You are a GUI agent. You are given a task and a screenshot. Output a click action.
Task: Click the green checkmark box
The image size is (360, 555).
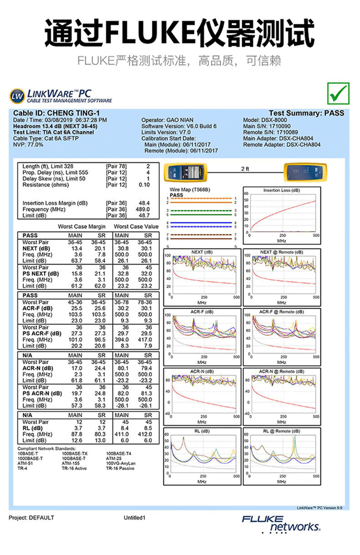point(338,93)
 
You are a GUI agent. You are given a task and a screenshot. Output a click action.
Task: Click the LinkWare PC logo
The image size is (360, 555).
point(61,96)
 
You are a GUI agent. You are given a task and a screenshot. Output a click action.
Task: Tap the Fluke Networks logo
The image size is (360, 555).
point(282,524)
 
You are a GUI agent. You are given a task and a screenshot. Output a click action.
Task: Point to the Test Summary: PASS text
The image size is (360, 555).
point(306,113)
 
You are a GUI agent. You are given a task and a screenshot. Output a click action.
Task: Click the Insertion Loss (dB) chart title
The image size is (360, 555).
point(281,190)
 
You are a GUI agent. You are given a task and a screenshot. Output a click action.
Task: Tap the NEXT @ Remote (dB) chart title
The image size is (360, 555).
point(281,252)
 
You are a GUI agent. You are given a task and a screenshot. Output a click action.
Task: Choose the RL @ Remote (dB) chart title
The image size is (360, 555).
point(281,431)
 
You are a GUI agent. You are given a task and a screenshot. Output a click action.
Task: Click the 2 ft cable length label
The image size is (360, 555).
point(245,169)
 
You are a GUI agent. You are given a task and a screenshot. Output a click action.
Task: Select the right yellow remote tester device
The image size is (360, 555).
point(304,172)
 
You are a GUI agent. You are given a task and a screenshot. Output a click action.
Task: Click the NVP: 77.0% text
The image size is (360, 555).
point(28,145)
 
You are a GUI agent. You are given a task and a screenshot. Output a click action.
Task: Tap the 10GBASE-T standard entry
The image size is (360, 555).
point(73,459)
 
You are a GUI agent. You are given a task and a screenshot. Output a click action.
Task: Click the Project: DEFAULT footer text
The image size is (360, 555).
point(31,518)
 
